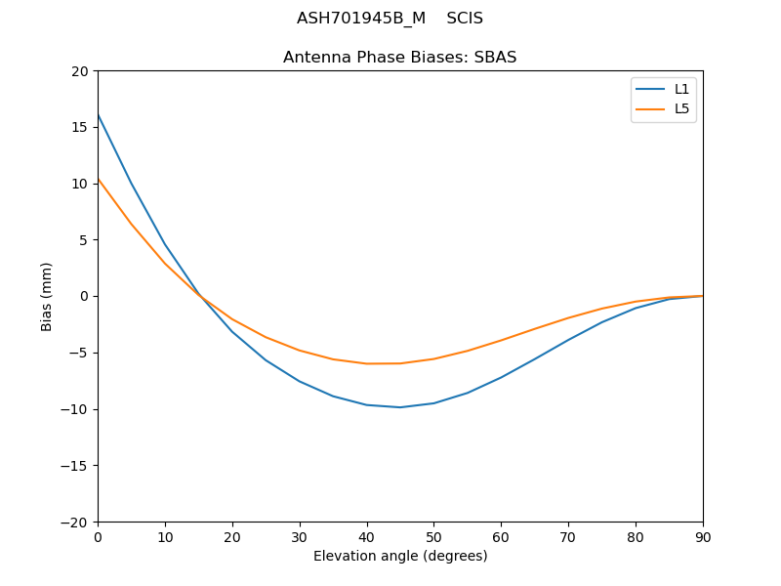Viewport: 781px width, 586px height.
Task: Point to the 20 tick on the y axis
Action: point(79,71)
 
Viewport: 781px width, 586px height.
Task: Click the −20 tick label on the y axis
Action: point(75,522)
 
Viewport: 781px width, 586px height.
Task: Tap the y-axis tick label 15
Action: point(79,127)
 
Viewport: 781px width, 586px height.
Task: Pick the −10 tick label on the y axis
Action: point(75,409)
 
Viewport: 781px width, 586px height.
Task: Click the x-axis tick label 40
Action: point(367,537)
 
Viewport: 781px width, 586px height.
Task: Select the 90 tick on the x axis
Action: point(703,537)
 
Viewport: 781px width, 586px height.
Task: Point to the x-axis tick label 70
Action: point(568,537)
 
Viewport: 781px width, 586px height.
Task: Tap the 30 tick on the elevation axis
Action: point(300,537)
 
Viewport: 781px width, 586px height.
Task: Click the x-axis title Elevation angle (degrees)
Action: point(400,557)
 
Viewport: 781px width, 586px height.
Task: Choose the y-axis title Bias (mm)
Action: point(47,296)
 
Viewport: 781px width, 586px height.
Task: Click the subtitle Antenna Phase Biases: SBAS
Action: point(400,58)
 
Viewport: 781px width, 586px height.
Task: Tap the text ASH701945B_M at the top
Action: point(361,19)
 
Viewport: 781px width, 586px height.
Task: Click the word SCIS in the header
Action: point(465,19)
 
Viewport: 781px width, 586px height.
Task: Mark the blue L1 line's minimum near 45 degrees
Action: point(400,407)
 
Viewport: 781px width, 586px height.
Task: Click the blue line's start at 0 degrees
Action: point(99,115)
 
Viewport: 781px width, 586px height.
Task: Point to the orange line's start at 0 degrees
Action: point(99,179)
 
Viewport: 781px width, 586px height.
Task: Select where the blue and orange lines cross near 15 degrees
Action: point(200,296)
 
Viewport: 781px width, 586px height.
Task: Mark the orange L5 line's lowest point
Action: point(381,363)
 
